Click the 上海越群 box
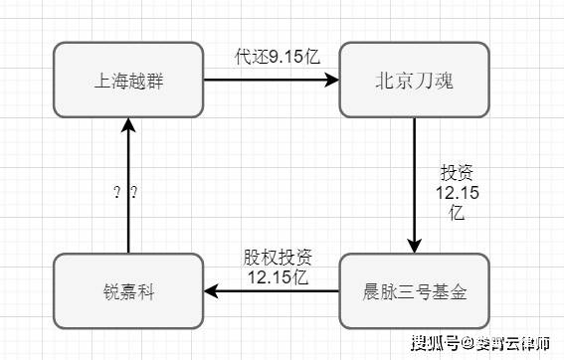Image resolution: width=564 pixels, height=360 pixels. click(x=128, y=79)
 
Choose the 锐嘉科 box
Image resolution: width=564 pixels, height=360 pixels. click(x=128, y=292)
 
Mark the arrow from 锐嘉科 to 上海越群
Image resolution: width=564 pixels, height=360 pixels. click(x=128, y=189)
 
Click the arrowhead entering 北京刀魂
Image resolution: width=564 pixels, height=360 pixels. click(x=333, y=79)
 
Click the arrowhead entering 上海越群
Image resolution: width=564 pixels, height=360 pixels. click(x=128, y=123)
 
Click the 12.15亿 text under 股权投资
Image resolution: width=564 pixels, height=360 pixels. click(x=278, y=275)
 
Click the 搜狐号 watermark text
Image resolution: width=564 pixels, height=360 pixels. click(x=434, y=343)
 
